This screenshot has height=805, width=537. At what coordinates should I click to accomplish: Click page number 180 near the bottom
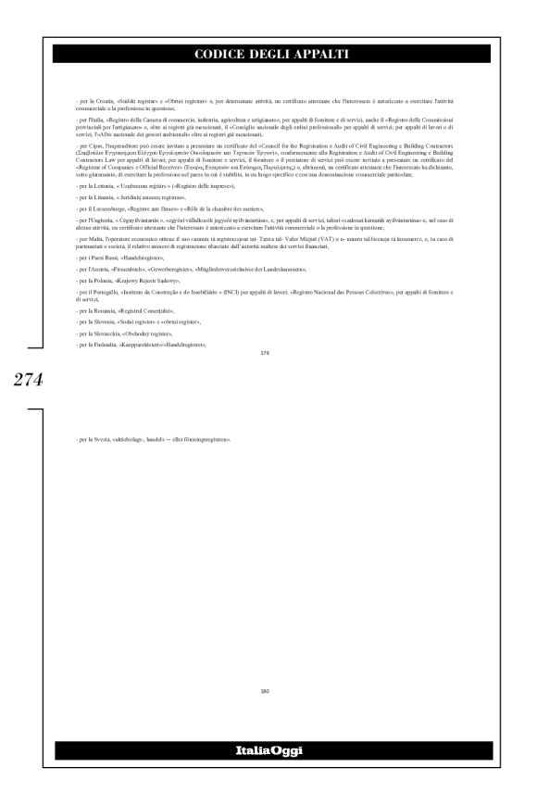point(268,690)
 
